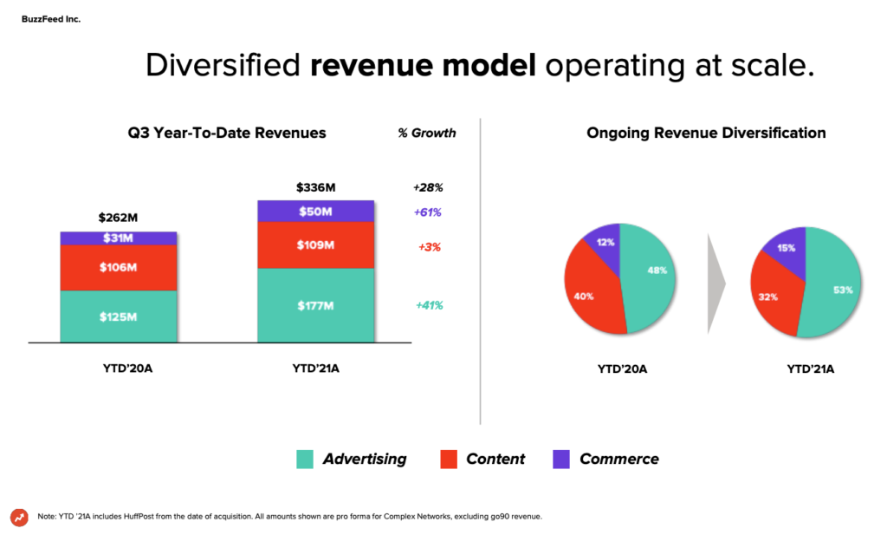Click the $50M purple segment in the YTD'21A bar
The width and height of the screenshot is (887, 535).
315,212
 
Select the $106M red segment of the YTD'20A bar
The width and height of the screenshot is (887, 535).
119,267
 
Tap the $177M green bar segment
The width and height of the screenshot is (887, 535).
315,305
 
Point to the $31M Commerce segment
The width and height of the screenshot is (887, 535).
119,238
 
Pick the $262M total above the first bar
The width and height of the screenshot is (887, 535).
119,219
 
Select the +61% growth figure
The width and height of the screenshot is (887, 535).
429,212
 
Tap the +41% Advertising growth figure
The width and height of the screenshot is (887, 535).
429,305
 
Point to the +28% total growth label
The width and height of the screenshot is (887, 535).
428,187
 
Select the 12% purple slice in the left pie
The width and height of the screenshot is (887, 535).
605,244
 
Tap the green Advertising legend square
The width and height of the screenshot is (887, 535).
305,460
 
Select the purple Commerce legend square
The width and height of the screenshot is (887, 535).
561,460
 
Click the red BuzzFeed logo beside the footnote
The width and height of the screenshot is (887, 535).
19,517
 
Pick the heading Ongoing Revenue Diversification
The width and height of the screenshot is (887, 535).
706,133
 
